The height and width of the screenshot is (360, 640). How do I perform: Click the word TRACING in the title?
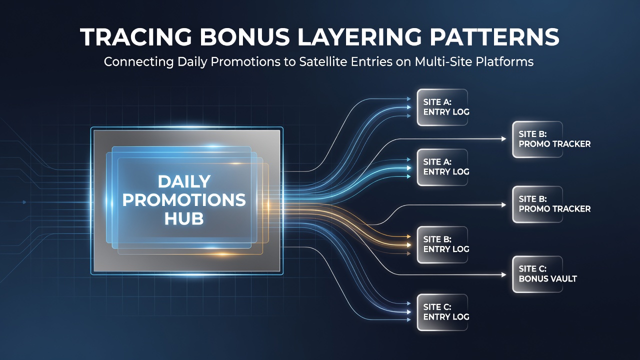coord(135,37)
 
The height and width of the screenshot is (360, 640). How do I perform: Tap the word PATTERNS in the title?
coord(494,37)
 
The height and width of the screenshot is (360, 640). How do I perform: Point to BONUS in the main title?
coord(244,37)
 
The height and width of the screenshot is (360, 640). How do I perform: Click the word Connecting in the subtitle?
coord(138,62)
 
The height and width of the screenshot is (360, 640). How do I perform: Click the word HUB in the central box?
coord(184,218)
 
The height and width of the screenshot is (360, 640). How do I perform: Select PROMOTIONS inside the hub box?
coord(184,200)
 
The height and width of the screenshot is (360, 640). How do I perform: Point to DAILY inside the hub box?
coord(184,181)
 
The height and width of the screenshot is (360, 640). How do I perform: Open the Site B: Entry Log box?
coord(442,244)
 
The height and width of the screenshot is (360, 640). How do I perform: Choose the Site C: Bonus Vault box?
coord(537,274)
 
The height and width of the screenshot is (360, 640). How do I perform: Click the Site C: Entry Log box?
coord(442,312)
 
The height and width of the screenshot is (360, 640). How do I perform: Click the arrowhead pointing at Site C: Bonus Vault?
coord(503,275)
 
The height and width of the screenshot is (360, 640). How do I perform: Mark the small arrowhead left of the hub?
coord(24,202)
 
